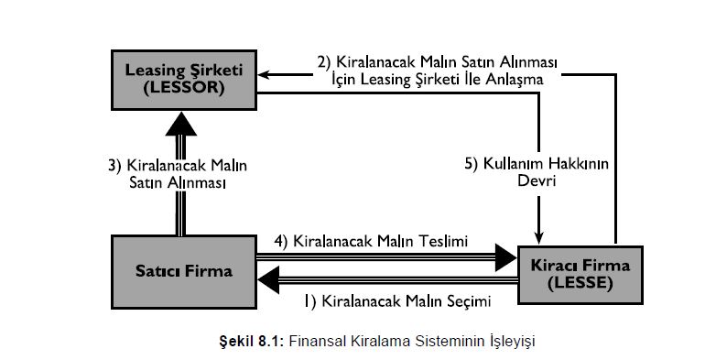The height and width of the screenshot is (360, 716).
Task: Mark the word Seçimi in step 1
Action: tap(467, 300)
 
